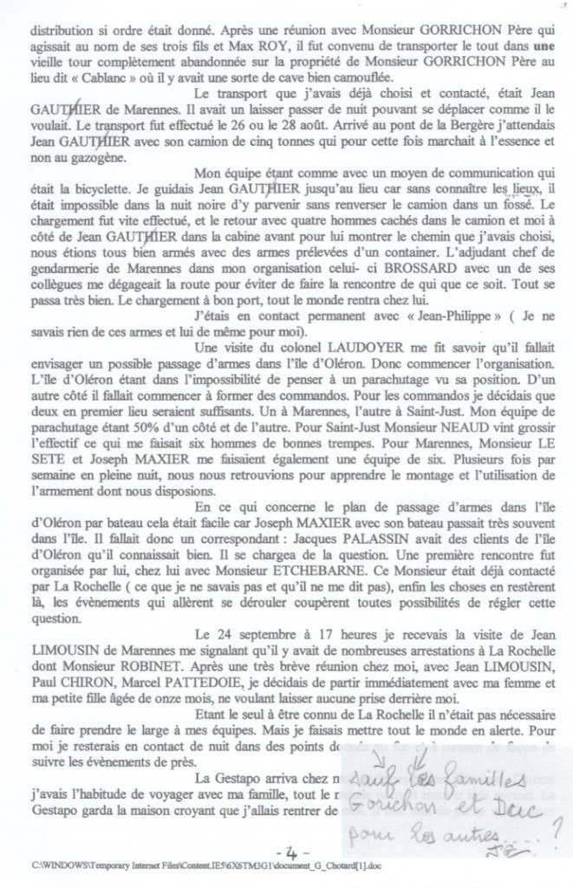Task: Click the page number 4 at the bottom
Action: click(x=284, y=844)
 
